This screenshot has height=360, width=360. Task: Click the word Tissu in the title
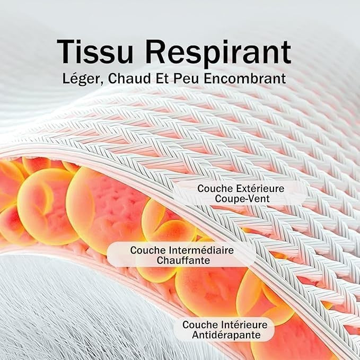95,51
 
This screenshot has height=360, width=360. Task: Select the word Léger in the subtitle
81,79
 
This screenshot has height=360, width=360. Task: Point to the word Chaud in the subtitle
129,78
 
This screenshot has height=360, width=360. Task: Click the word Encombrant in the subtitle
245,78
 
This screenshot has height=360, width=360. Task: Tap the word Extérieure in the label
260,189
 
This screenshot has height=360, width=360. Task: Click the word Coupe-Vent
242,199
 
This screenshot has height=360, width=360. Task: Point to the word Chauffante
183,260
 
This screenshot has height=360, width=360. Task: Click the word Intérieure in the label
244,324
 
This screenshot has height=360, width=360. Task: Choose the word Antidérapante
226,335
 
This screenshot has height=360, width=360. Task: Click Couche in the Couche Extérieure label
215,189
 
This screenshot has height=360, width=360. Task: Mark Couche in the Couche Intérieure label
200,324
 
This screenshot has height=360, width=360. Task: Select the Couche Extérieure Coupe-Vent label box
240,194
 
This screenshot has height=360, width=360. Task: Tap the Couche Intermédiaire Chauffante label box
181,254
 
